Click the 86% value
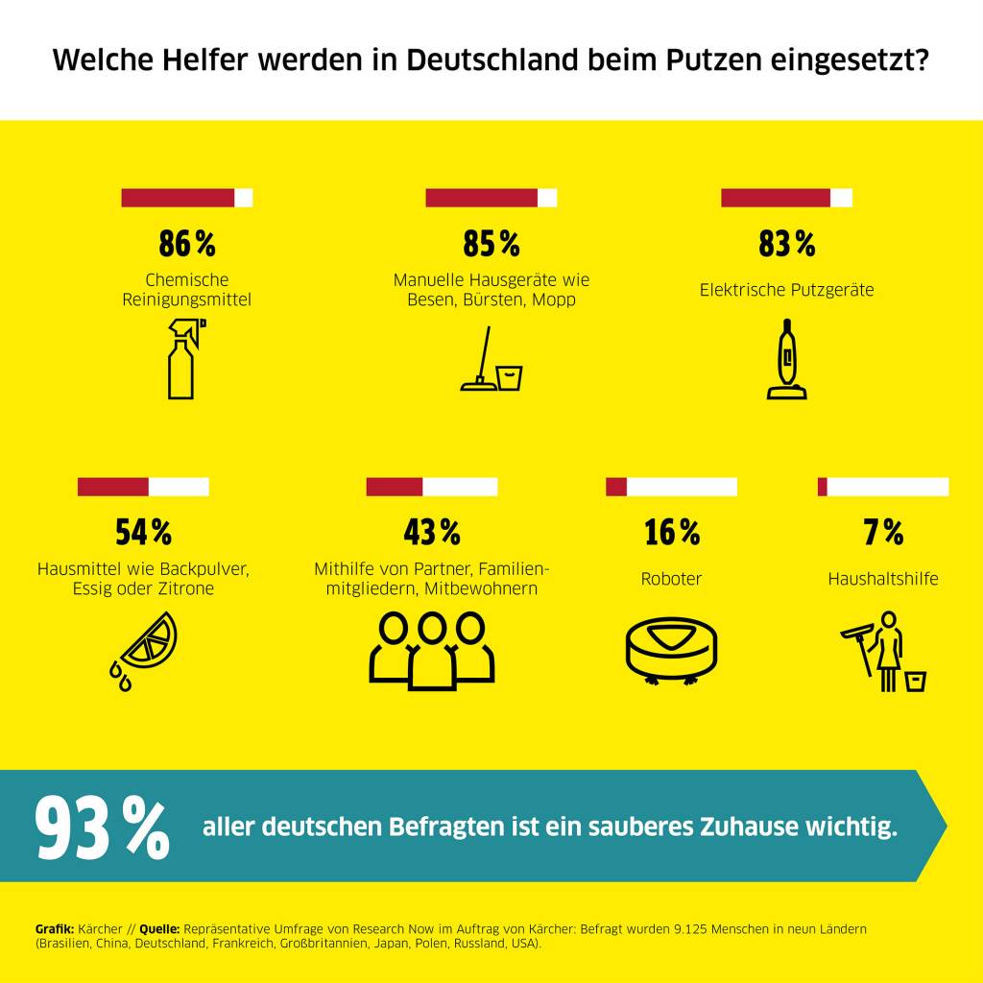tap(187, 245)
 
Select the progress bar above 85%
tap(491, 198)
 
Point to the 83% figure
tap(786, 245)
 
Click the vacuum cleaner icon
tap(786, 359)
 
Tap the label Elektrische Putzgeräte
tap(786, 290)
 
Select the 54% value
tap(143, 531)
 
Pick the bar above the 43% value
tap(432, 487)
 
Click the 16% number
tap(672, 532)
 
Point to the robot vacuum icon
tap(671, 648)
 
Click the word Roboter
tap(671, 579)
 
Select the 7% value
tap(883, 532)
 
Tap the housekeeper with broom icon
tap(882, 651)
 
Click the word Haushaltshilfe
tap(883, 579)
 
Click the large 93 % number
tap(102, 828)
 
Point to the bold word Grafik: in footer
tap(55, 929)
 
